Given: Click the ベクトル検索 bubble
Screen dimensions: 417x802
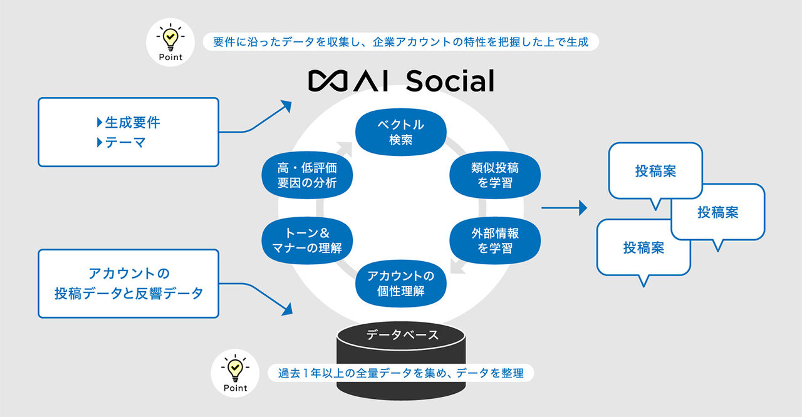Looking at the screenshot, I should [x=400, y=132].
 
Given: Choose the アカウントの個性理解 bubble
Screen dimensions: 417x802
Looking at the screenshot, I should [x=400, y=284].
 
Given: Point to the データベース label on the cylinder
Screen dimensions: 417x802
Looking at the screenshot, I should [x=402, y=335].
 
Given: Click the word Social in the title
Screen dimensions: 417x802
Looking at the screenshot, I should [x=450, y=81].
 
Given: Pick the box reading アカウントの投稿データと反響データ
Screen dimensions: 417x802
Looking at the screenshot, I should [x=128, y=283].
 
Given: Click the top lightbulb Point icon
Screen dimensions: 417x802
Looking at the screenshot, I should [x=170, y=42].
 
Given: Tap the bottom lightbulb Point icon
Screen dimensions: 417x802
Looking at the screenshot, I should [x=235, y=373].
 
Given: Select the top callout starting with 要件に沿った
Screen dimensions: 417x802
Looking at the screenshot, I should [x=401, y=42].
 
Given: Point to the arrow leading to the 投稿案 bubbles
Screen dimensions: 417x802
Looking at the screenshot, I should [x=564, y=208].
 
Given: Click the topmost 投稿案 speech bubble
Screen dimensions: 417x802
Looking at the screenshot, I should [x=655, y=171].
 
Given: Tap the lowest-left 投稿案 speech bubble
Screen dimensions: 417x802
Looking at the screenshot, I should [x=643, y=248].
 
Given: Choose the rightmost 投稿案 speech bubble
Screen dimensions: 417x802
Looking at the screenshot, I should [x=718, y=212].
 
